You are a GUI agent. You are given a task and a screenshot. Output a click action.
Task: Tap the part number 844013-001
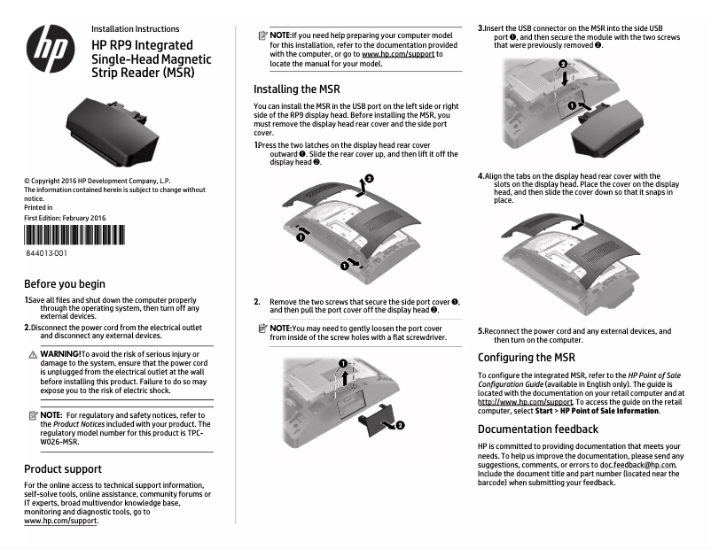(45, 254)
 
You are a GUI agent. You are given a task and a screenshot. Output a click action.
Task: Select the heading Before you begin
(64, 284)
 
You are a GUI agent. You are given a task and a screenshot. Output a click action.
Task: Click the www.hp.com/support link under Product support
(60, 521)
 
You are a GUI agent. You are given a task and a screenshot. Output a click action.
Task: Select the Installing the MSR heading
(296, 89)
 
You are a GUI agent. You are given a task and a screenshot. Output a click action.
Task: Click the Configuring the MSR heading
(527, 358)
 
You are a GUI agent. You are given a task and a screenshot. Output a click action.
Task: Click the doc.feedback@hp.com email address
(638, 465)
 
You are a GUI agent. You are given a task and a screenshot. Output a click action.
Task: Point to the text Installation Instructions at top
(135, 29)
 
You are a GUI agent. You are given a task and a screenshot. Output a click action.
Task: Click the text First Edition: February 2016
(65, 218)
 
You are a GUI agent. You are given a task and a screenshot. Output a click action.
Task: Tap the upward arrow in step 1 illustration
(360, 187)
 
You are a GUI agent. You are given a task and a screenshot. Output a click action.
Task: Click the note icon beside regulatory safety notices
(31, 414)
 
